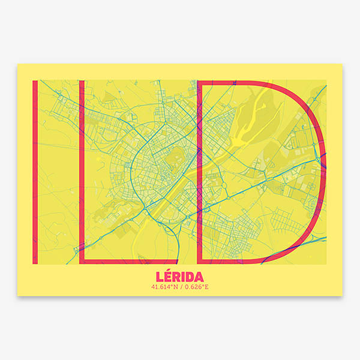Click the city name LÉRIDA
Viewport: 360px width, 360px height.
(x=179, y=277)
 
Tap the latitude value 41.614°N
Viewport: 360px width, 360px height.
(x=164, y=287)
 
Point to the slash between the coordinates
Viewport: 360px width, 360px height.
(x=180, y=287)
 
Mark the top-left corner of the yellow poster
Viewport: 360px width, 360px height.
(x=17, y=64)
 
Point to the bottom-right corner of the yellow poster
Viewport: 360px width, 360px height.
(x=342, y=295)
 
